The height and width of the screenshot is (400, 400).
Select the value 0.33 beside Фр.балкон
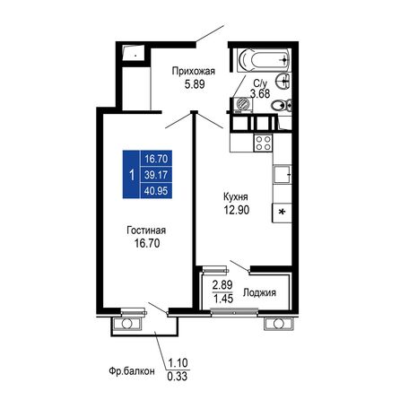[178, 376]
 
